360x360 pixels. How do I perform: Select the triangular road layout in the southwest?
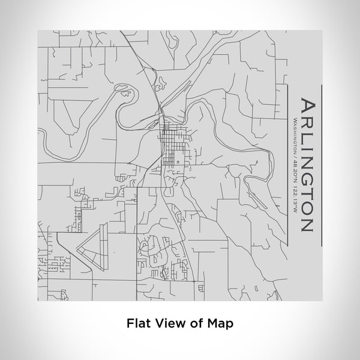click(91, 245)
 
